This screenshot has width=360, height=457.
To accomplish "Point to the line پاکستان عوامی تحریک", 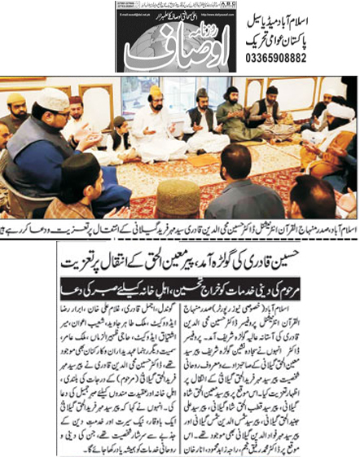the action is (301, 36).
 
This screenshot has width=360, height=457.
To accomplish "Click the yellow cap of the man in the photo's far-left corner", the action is (15, 99).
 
